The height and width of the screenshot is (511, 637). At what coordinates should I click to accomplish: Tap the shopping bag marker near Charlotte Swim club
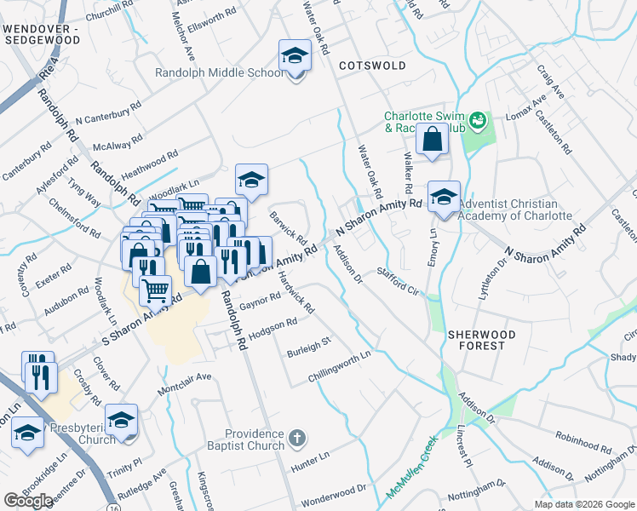(x=433, y=139)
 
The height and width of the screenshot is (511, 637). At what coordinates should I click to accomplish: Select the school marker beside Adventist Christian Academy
(x=444, y=197)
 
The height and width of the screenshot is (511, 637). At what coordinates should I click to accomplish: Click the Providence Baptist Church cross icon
(x=296, y=438)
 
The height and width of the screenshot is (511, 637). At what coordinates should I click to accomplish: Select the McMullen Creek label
(x=411, y=468)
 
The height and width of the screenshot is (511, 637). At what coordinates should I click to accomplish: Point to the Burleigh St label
(x=307, y=346)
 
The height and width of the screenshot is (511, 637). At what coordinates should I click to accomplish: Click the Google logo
(x=28, y=501)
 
